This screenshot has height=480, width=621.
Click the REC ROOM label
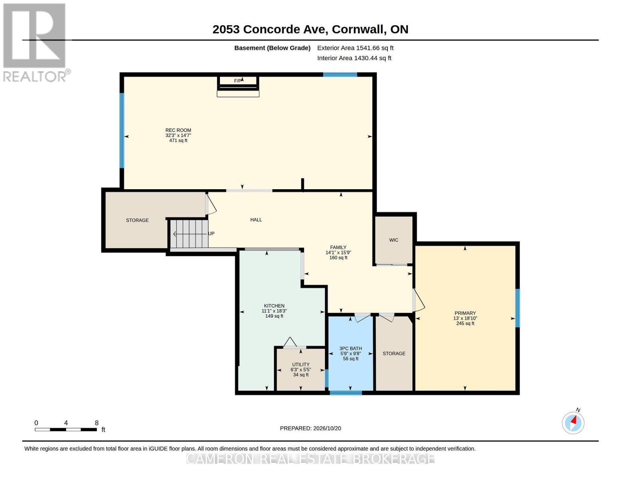178,130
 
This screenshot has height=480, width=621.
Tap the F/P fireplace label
238,81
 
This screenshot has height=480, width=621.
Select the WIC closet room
393,240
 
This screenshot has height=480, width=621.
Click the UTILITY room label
301,364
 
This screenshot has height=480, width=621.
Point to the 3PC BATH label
350,348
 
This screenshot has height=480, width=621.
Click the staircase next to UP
189,234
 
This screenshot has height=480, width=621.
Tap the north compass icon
573,423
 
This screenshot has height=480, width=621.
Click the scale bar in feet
66,429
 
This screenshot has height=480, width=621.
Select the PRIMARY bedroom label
465,313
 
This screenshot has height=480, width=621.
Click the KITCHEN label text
274,306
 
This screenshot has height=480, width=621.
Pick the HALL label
256,220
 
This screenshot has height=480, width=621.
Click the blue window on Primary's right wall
517,308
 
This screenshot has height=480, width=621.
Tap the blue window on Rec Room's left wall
122,130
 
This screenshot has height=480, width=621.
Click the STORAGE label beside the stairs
137,220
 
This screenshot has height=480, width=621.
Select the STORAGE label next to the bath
394,353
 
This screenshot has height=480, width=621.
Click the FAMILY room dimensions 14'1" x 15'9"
338,252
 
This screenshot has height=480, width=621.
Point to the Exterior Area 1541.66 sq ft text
355,48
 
